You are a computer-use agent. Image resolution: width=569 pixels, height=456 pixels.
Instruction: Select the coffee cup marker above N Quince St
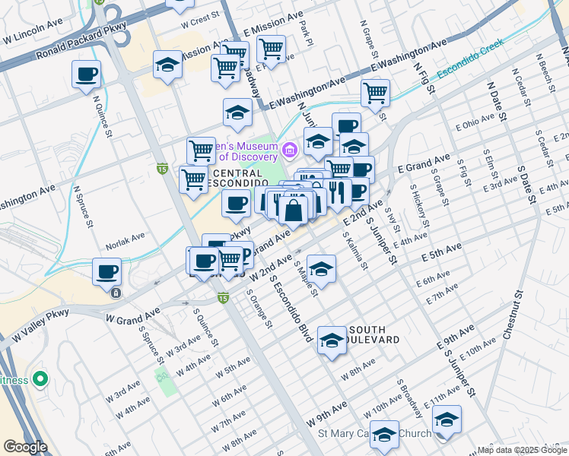click(87, 74)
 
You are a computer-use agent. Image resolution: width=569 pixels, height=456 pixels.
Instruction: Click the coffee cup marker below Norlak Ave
click(106, 271)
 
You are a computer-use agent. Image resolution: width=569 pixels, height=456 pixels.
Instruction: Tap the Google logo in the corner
click(25, 447)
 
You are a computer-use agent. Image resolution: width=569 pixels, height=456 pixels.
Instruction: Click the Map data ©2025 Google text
click(522, 450)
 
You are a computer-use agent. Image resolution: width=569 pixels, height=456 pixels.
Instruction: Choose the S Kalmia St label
click(356, 252)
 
